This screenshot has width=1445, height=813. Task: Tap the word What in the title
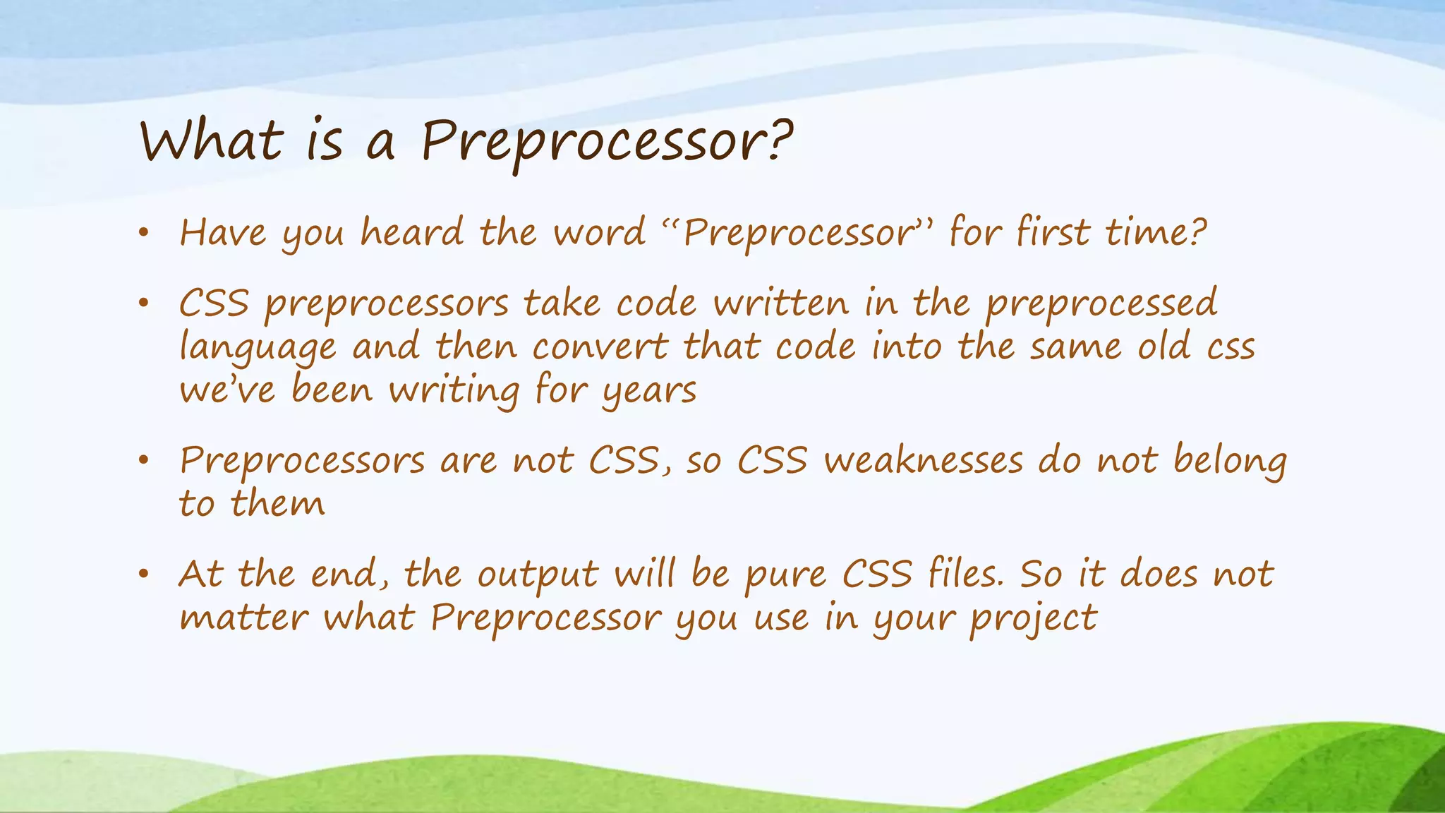(x=212, y=141)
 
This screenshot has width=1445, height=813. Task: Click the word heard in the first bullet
(x=412, y=232)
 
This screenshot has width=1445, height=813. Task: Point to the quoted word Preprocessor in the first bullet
(x=798, y=234)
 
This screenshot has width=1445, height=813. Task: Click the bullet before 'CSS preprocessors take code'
(x=144, y=304)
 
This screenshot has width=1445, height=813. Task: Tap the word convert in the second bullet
(x=599, y=347)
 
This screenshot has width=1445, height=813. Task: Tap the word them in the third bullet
(x=278, y=505)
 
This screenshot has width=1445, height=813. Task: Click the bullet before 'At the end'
(x=144, y=574)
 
